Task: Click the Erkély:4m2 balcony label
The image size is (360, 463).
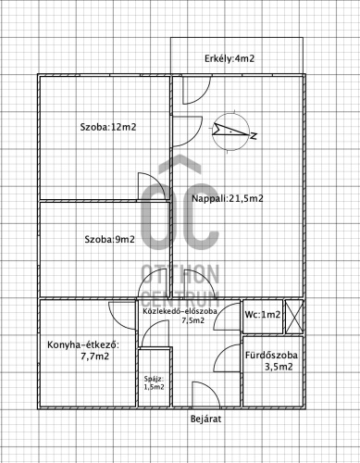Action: click(230, 58)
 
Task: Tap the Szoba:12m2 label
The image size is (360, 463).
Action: click(108, 127)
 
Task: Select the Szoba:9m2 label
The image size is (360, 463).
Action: click(109, 239)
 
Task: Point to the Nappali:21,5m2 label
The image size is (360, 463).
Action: click(228, 198)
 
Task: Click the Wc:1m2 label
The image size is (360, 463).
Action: click(263, 315)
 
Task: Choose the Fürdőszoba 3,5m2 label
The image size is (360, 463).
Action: click(272, 361)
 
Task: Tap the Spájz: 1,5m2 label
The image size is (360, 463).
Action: click(154, 382)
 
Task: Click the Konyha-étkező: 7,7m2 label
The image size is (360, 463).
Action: click(83, 350)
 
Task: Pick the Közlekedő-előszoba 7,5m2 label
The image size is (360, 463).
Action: click(180, 315)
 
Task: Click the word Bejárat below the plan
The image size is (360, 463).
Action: click(205, 419)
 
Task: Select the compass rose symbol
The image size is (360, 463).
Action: click(230, 131)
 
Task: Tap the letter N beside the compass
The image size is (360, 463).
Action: click(254, 135)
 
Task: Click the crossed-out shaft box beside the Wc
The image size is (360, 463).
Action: click(294, 317)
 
